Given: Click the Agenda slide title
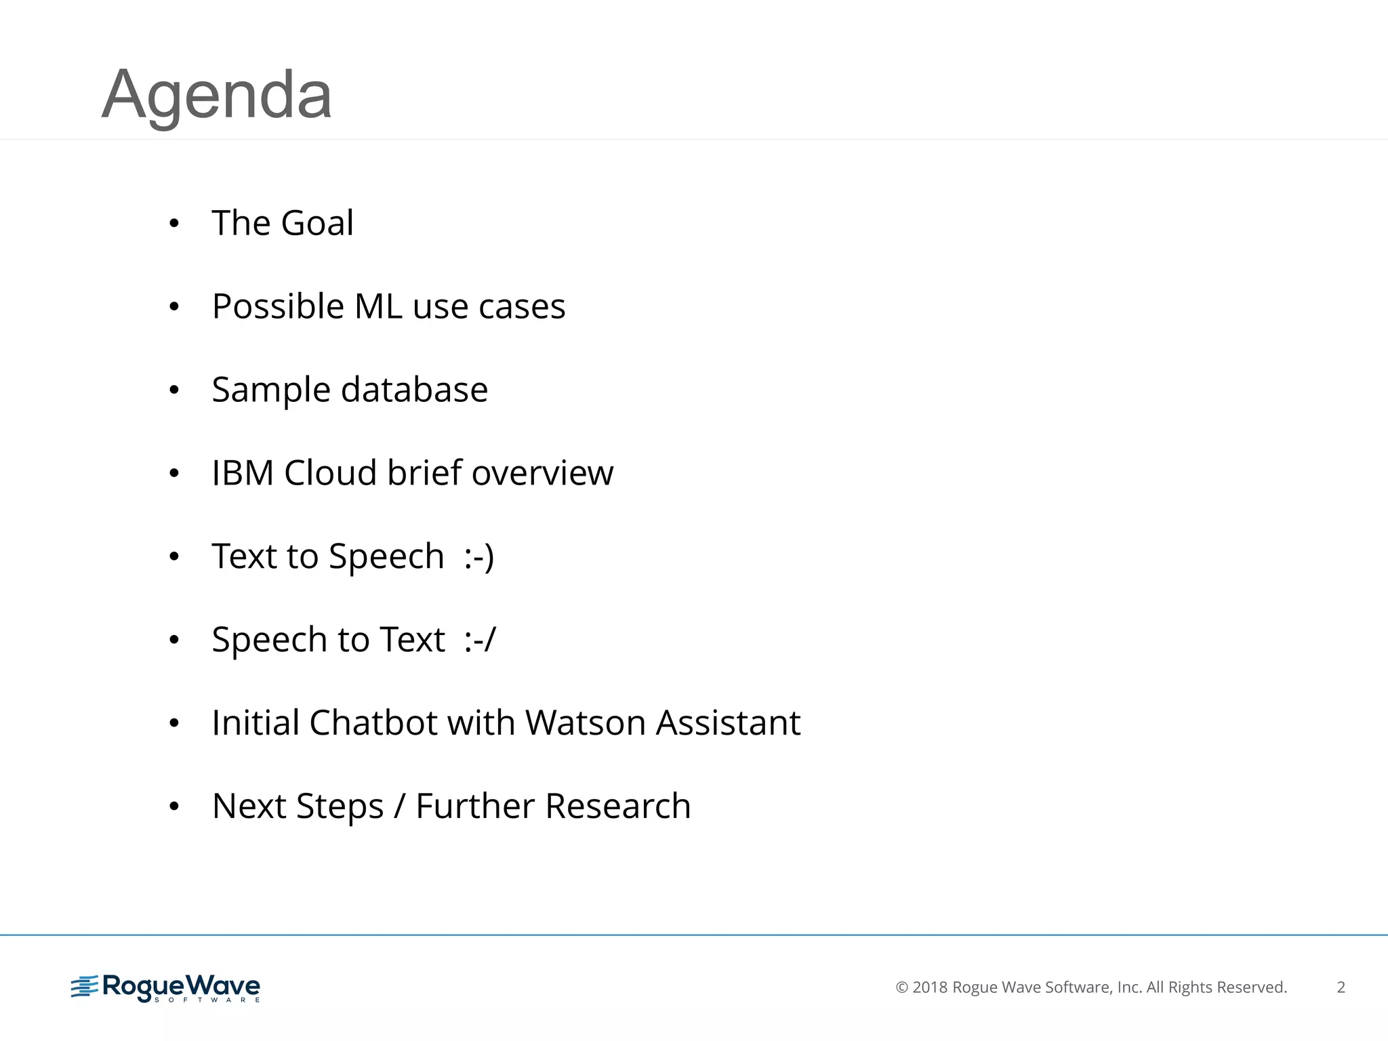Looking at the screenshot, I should [x=216, y=95].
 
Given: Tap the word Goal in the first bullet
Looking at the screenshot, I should [x=317, y=223].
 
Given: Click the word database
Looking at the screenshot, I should [x=414, y=390].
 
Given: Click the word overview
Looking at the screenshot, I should [x=542, y=473].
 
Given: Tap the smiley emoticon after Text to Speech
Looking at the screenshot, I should [x=479, y=557].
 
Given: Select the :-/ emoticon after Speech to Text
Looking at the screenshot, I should [x=480, y=640].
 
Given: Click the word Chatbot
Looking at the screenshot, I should [x=373, y=722].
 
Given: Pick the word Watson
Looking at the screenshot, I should [x=585, y=722].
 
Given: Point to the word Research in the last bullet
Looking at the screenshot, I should [x=617, y=806].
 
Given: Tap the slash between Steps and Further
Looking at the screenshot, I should [x=400, y=807].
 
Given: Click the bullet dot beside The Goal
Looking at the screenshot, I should [x=174, y=224].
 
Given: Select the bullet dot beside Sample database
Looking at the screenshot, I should [x=174, y=390].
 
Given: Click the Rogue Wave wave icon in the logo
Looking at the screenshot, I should [x=85, y=987].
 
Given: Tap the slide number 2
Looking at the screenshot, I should [x=1341, y=987].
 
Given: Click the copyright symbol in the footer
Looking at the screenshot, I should [x=901, y=987].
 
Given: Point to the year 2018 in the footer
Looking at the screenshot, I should [x=930, y=987].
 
